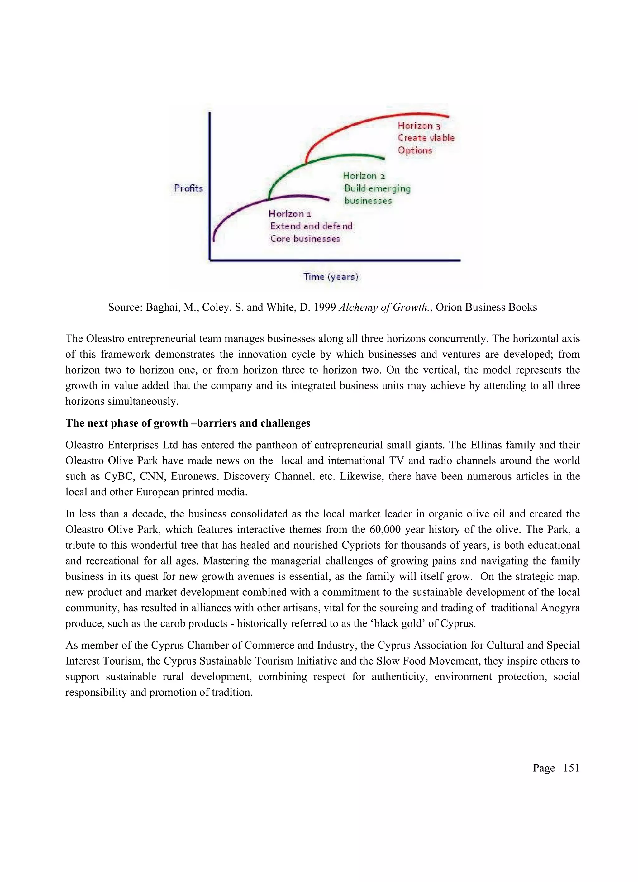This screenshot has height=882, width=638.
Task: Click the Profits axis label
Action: (x=188, y=188)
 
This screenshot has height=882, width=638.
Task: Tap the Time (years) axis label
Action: (x=331, y=276)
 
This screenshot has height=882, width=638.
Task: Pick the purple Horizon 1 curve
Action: (x=241, y=208)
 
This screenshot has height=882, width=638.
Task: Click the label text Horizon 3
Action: (x=419, y=126)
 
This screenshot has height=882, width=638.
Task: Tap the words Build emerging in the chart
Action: (x=377, y=188)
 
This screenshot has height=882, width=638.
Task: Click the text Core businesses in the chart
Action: (x=305, y=238)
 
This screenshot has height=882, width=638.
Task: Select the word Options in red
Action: (x=414, y=150)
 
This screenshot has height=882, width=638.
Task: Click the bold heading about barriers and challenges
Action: (x=188, y=423)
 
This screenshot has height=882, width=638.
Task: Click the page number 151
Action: (x=571, y=768)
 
